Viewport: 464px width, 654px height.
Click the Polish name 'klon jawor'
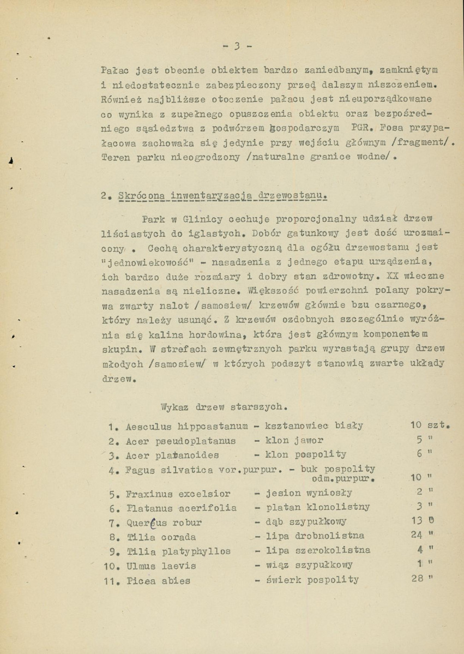click(295, 440)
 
